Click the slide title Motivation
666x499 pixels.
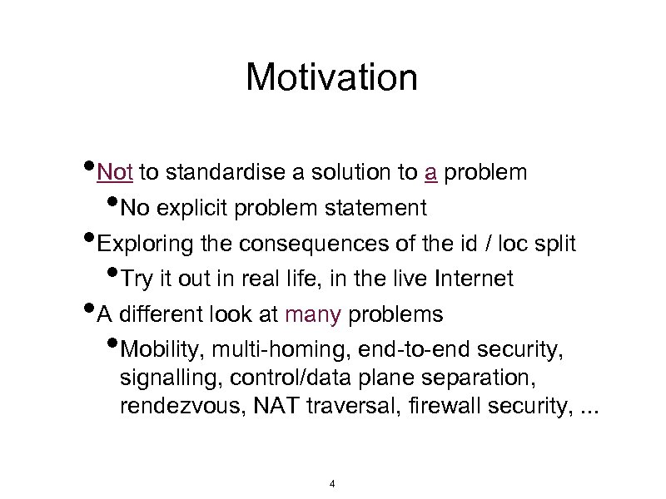pos(331,78)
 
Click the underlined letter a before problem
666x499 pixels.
pos(430,172)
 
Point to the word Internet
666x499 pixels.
pos(472,279)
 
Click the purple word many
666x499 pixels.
pos(313,315)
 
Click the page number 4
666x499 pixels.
pos(332,483)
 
